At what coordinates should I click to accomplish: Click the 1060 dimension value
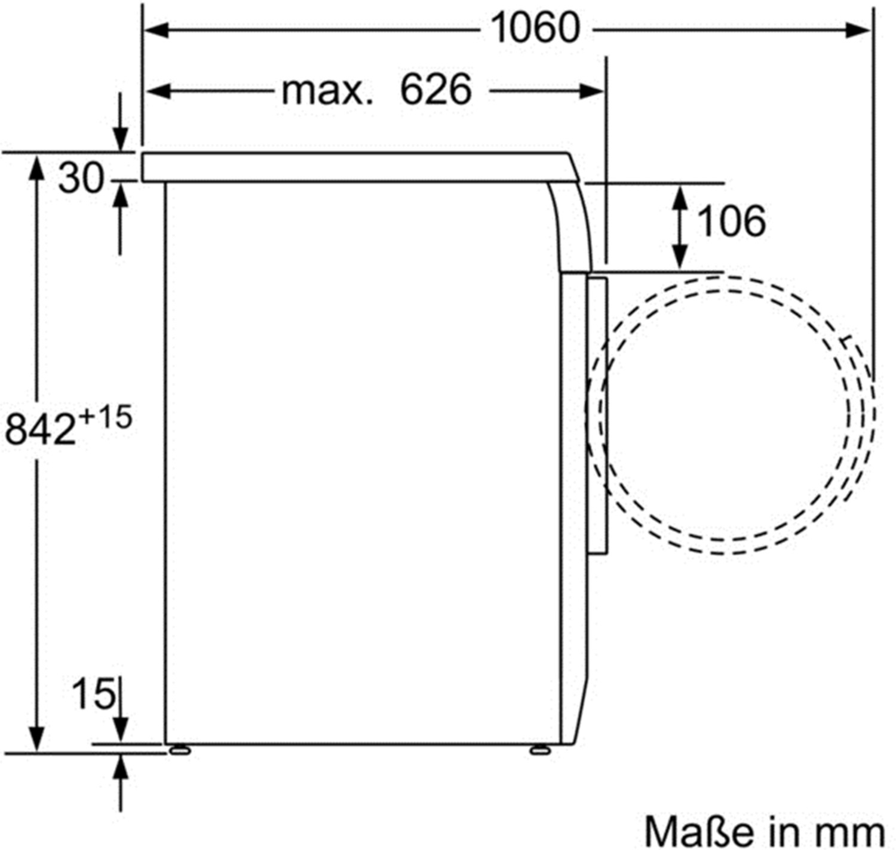[536, 28]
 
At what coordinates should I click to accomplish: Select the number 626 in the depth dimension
[435, 90]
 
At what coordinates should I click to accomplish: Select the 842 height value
[40, 430]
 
